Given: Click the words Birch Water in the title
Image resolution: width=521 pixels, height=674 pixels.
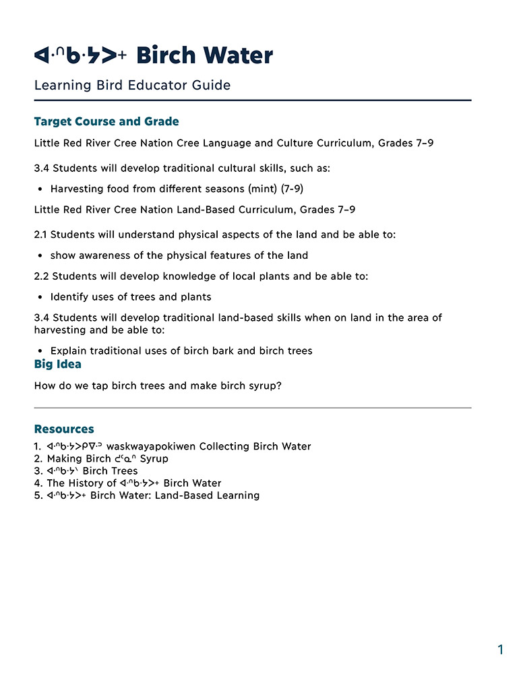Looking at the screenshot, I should pyautogui.click(x=204, y=55).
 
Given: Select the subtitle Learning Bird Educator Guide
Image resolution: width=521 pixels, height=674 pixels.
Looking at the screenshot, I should pyautogui.click(x=132, y=86).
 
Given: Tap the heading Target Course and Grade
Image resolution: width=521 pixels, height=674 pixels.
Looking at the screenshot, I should pyautogui.click(x=106, y=121).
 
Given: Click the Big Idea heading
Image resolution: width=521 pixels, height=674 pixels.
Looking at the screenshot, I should pyautogui.click(x=57, y=364).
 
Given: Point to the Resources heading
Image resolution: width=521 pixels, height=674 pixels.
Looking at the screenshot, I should pyautogui.click(x=64, y=429).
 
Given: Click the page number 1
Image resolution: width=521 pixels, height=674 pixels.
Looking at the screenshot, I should pyautogui.click(x=500, y=650).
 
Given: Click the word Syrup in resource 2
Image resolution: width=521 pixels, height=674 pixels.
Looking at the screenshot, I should pyautogui.click(x=154, y=458).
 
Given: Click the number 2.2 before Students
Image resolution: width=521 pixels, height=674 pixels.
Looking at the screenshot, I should pyautogui.click(x=42, y=276).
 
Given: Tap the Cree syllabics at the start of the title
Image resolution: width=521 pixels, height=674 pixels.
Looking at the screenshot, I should pyautogui.click(x=80, y=56).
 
